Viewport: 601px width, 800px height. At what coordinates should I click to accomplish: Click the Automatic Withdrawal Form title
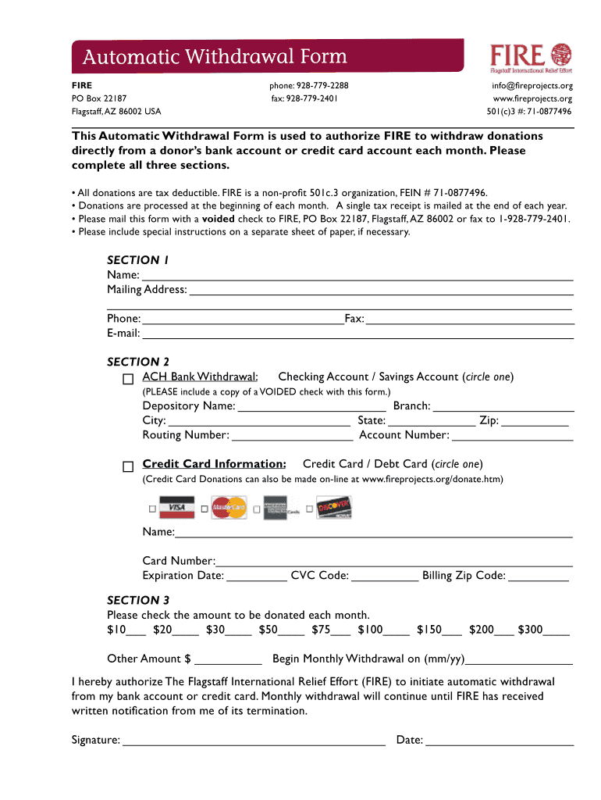pos(215,58)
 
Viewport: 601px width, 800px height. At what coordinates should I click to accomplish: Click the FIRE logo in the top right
pos(531,55)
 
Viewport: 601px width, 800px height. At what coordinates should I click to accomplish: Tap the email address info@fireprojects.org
pos(532,85)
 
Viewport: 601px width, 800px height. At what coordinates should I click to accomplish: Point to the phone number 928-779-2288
pos(309,85)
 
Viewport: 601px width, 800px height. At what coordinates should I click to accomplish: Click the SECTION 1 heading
pos(137,260)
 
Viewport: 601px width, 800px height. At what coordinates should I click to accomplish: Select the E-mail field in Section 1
pos(357,334)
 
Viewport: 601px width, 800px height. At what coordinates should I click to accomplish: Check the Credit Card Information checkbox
pos(128,466)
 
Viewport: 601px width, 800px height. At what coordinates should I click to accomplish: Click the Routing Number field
pos(291,435)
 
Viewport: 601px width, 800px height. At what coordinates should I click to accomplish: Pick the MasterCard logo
pos(229,509)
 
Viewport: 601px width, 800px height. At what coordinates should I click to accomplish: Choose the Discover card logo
pos(334,509)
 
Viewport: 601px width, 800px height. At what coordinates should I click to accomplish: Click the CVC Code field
pos(385,577)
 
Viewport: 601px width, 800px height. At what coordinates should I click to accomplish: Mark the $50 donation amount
pos(291,630)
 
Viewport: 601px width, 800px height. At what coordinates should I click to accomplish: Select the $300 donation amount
pos(556,630)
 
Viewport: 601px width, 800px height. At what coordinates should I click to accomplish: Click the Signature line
pos(254,741)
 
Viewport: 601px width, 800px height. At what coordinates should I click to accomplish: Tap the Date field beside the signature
pos(500,741)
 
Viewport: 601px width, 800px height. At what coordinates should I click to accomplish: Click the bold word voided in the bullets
pos(219,220)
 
